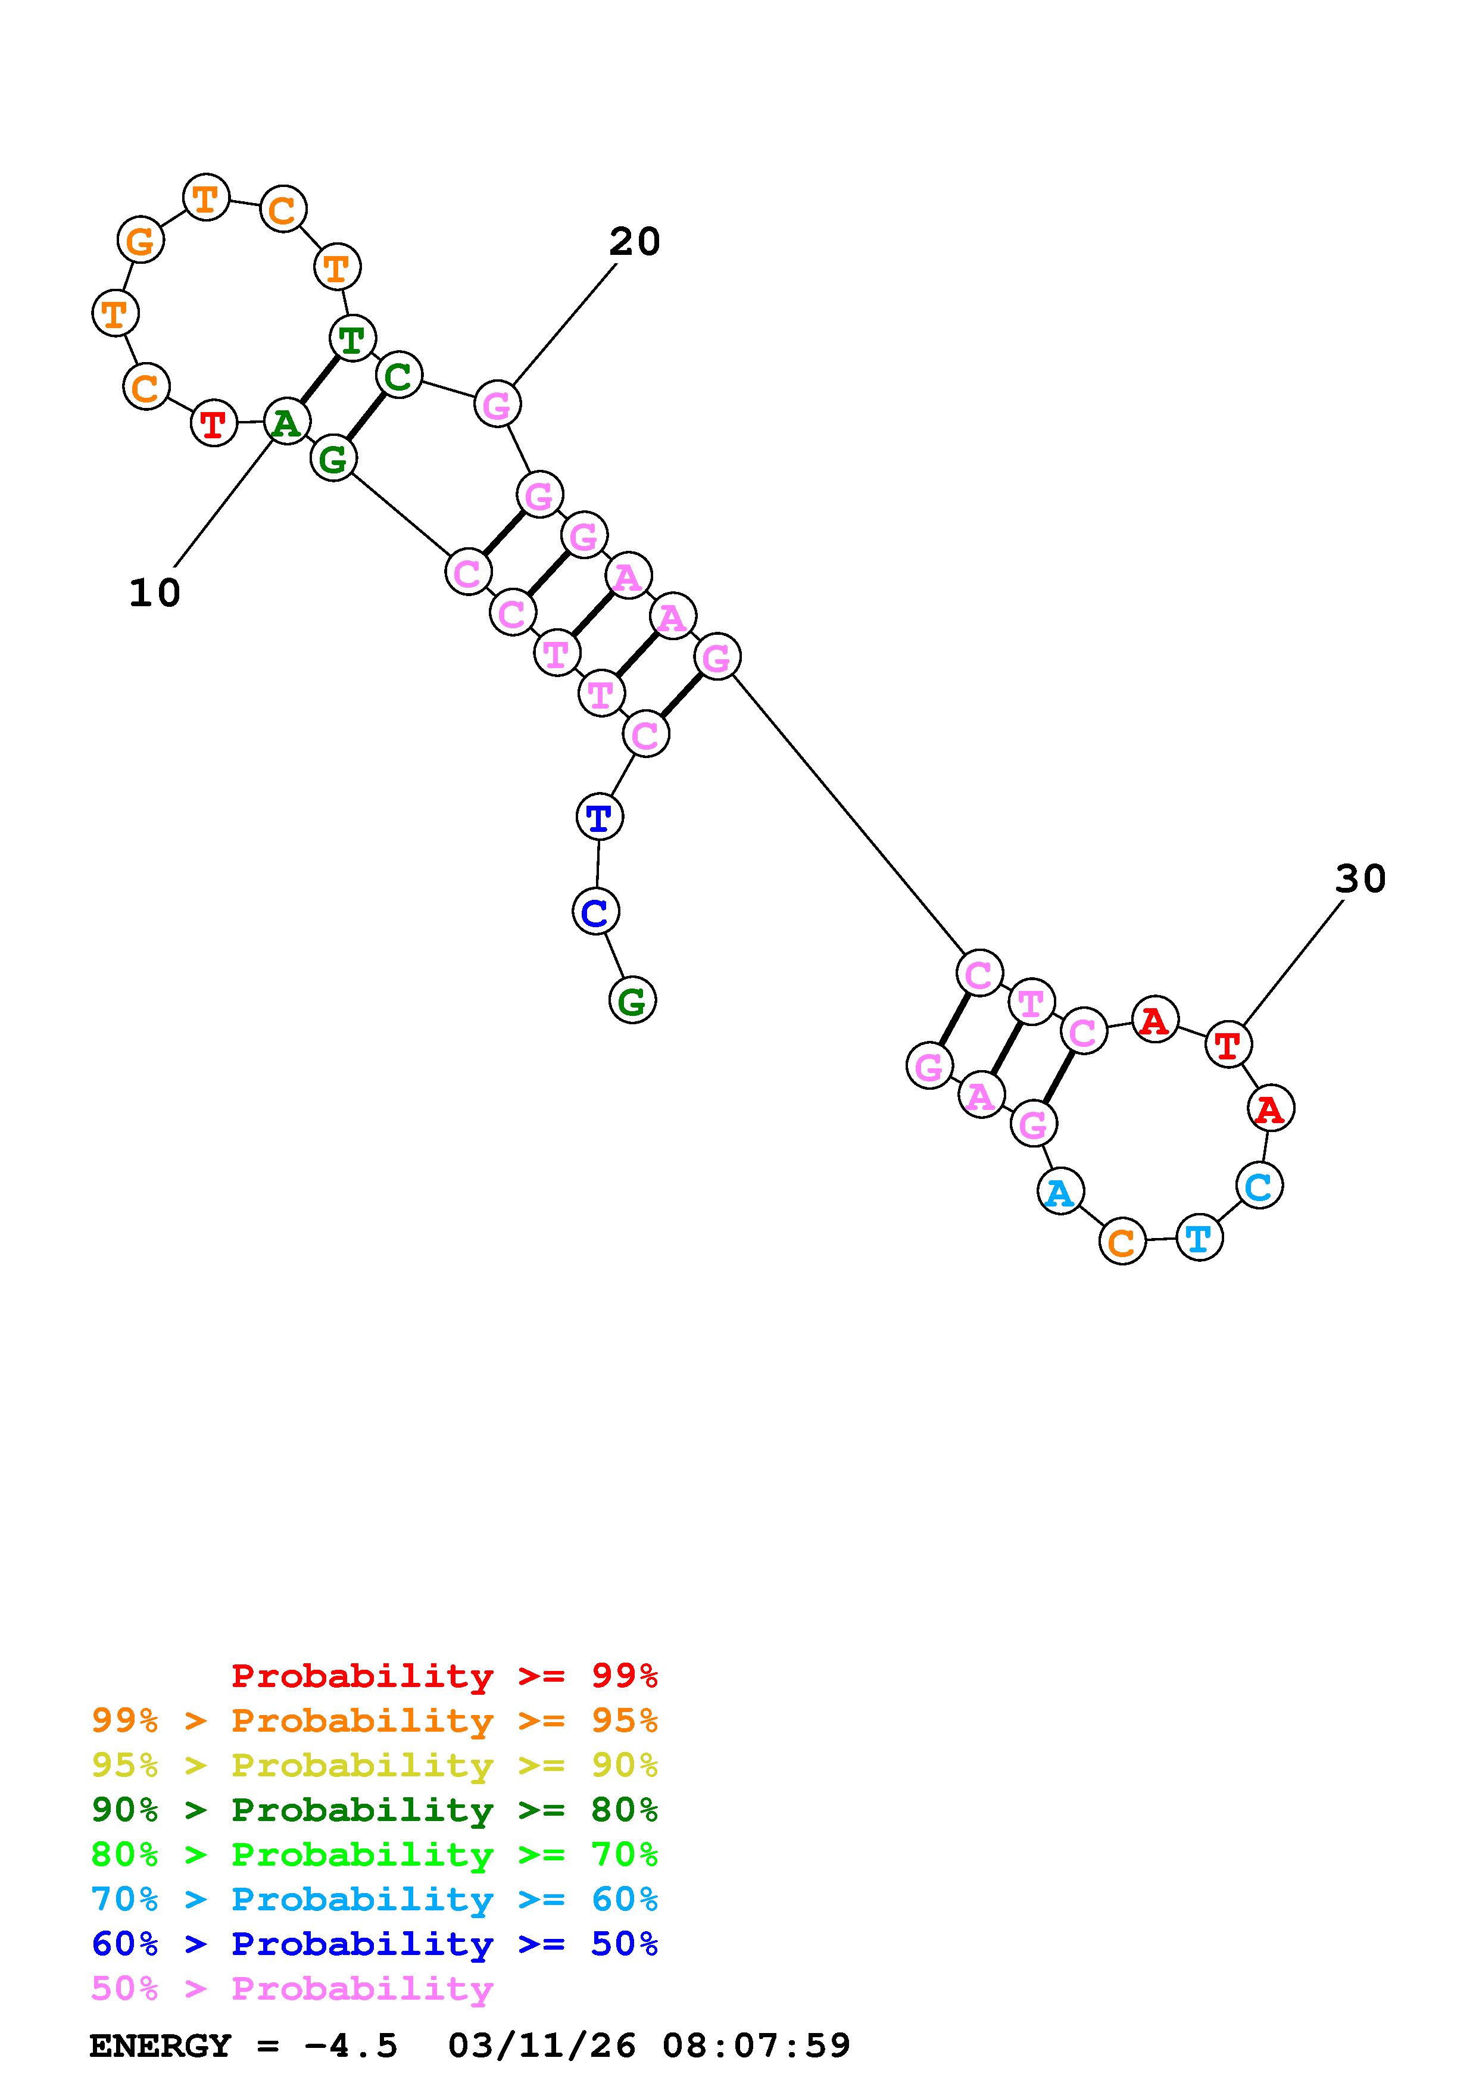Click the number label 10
(155, 593)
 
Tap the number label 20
(634, 242)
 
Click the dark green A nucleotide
(286, 422)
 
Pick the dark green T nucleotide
(352, 340)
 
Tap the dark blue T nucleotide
(600, 817)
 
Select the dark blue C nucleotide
(595, 912)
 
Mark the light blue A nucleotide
(1059, 1192)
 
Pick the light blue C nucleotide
(1259, 1186)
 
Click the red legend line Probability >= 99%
(444, 1676)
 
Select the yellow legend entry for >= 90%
(374, 1765)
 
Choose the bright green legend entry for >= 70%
(374, 1854)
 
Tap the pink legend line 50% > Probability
(291, 1989)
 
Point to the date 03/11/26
(541, 2046)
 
